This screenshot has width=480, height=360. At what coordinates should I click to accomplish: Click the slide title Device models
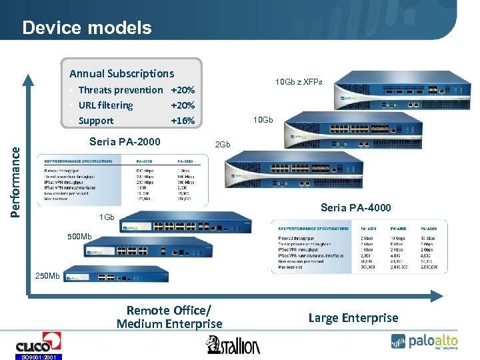tap(87, 28)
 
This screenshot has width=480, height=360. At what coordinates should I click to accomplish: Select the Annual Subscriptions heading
tap(121, 73)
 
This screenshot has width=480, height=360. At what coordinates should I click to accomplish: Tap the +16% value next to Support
tap(183, 121)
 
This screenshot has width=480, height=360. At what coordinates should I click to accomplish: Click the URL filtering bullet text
tap(105, 105)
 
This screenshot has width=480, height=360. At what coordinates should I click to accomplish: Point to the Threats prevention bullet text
tap(120, 90)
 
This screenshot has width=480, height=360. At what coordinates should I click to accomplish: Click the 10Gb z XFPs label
tap(299, 82)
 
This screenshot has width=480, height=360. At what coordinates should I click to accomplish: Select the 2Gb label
tap(222, 145)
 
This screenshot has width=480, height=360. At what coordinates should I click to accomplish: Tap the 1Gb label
tap(107, 217)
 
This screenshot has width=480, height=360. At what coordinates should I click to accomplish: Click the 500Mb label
tap(79, 237)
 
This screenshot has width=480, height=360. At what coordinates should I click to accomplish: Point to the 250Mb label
tap(48, 276)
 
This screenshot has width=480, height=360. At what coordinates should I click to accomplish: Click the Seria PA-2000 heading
tap(125, 141)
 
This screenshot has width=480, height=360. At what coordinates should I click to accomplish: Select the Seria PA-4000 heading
tap(356, 207)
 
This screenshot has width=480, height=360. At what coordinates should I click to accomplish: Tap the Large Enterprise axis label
tap(353, 318)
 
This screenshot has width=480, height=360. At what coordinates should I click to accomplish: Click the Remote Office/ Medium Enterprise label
tap(169, 317)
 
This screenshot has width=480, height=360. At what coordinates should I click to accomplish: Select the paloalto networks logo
tap(425, 341)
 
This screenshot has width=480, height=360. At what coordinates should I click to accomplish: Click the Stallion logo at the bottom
tap(233, 345)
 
